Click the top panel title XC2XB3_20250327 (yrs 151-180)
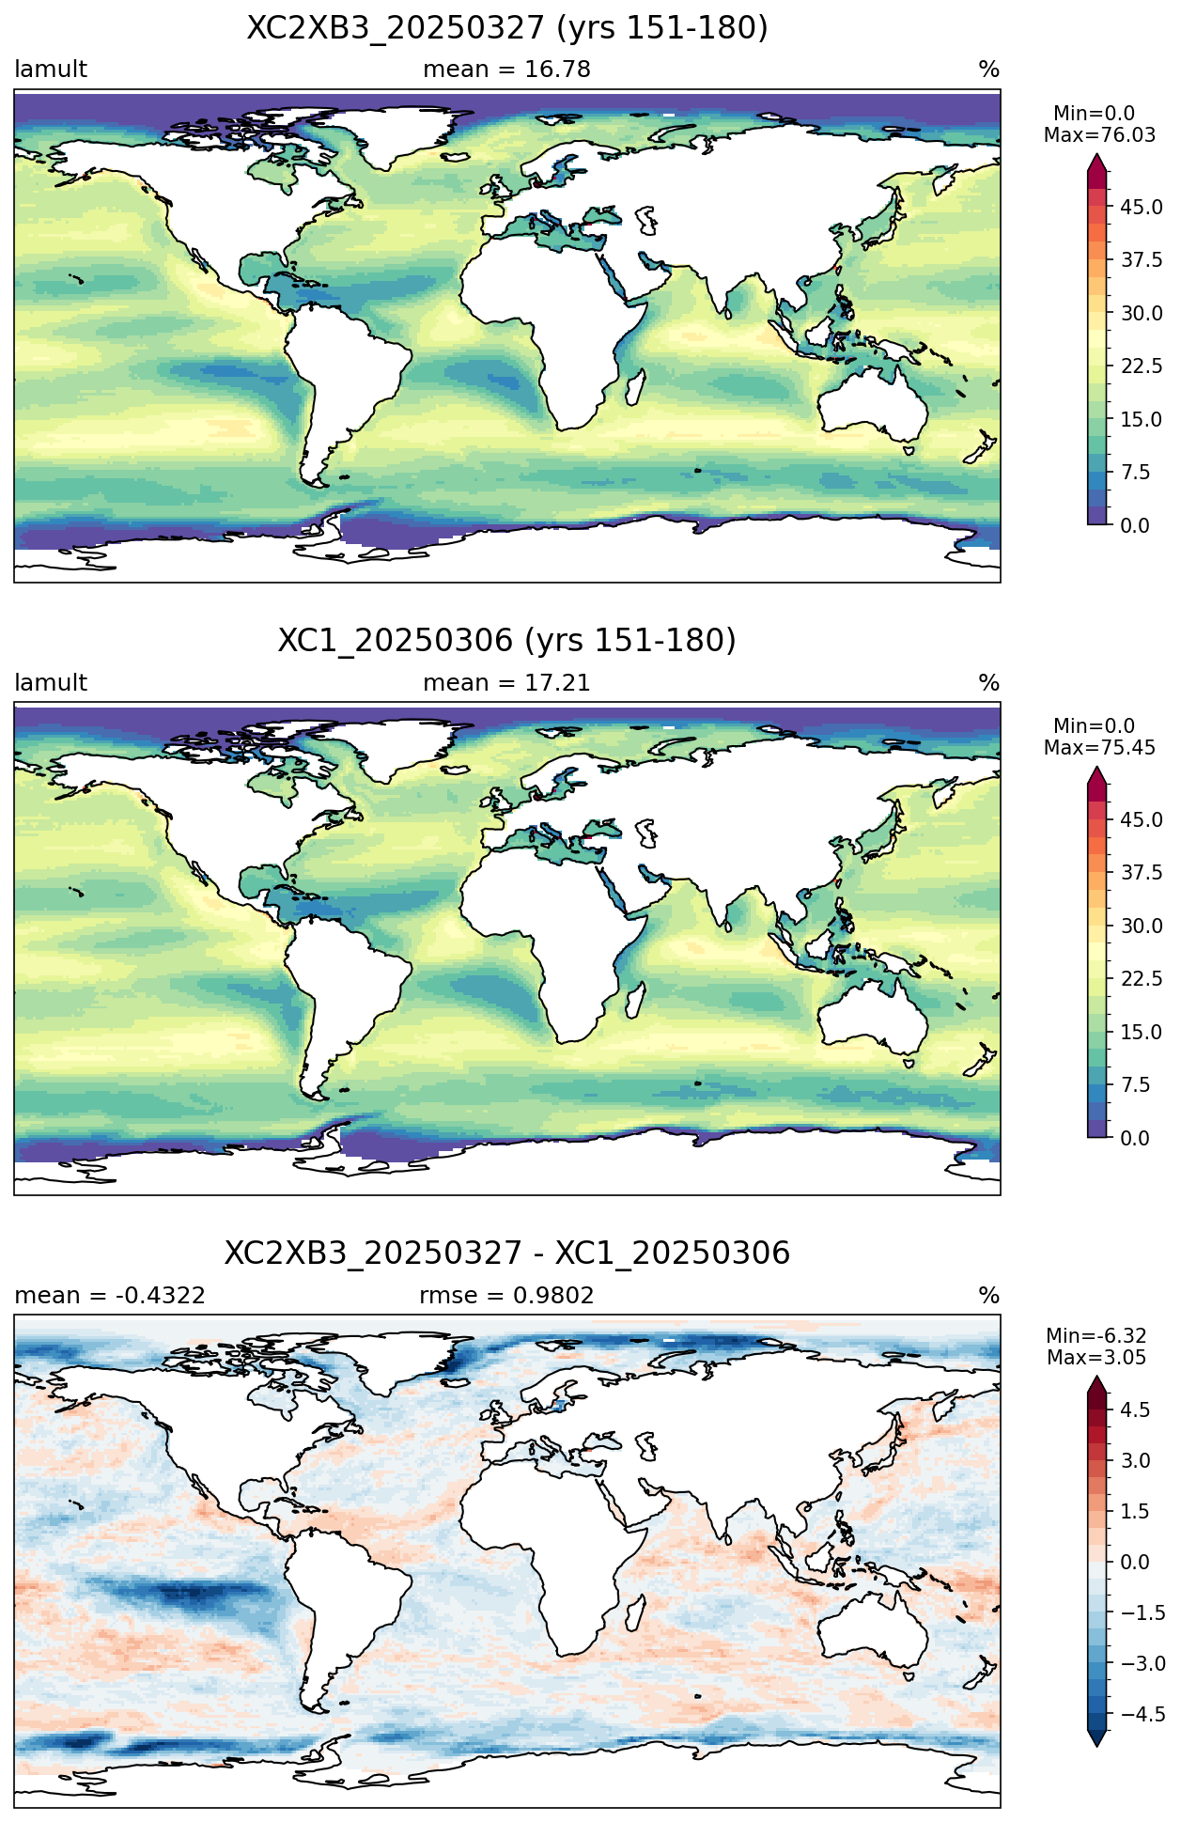click(506, 28)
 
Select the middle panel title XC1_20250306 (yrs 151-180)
click(506, 641)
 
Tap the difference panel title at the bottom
click(506, 1254)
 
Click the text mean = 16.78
click(506, 70)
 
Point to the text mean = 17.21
click(506, 683)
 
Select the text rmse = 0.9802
click(506, 1296)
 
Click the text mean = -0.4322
click(110, 1296)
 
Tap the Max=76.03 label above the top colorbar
click(1099, 135)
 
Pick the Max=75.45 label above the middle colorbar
click(1099, 748)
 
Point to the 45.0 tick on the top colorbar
click(1142, 208)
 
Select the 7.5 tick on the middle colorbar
click(1135, 1085)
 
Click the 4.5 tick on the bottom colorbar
click(1135, 1409)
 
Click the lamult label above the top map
click(51, 70)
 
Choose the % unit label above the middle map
click(989, 683)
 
